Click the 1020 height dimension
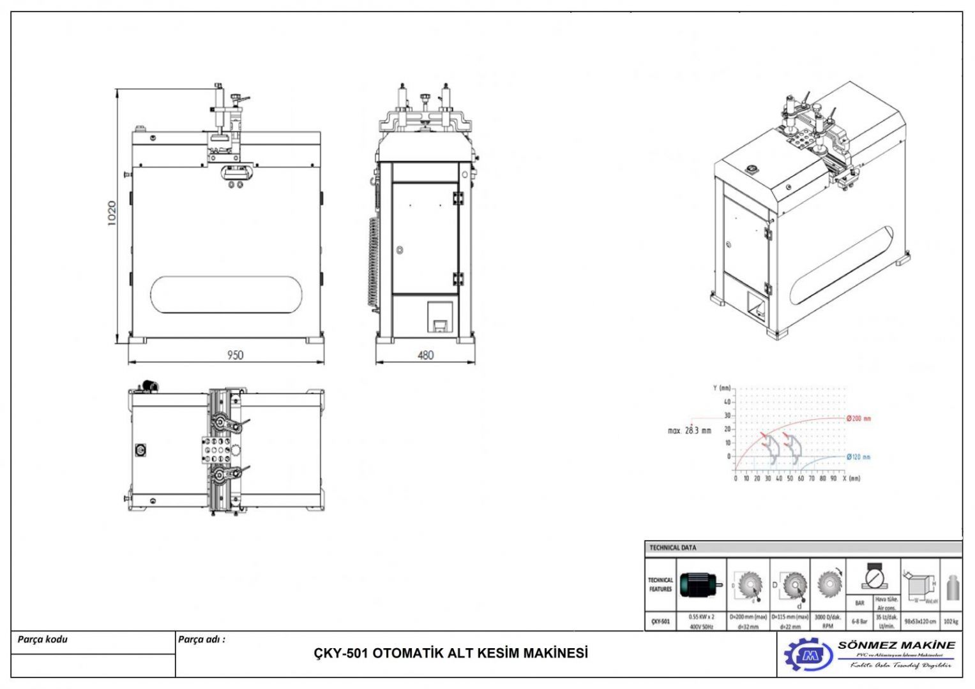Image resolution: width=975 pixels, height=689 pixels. click(112, 213)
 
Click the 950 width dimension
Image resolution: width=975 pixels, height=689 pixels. click(235, 355)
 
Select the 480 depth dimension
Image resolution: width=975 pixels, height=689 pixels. click(425, 355)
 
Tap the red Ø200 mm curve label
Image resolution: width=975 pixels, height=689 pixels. click(859, 419)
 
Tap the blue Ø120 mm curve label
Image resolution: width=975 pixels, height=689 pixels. click(858, 457)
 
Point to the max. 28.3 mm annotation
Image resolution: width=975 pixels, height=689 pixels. click(689, 431)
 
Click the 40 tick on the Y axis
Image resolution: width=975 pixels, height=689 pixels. click(727, 402)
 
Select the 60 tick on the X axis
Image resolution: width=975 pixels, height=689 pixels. click(801, 478)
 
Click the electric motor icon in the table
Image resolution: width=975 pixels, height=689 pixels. click(701, 584)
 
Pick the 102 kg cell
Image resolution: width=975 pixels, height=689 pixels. click(951, 621)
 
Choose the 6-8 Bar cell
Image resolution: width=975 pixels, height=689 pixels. click(859, 621)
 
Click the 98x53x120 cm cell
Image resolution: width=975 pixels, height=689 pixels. click(920, 621)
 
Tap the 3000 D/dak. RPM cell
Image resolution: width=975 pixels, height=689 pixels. click(828, 621)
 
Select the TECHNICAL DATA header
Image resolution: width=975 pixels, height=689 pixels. click(673, 547)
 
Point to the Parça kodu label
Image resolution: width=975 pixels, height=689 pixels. click(42, 639)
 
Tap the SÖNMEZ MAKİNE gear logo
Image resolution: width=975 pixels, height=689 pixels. click(808, 655)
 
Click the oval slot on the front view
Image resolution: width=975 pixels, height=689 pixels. click(227, 295)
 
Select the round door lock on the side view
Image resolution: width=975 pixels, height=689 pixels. click(400, 249)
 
